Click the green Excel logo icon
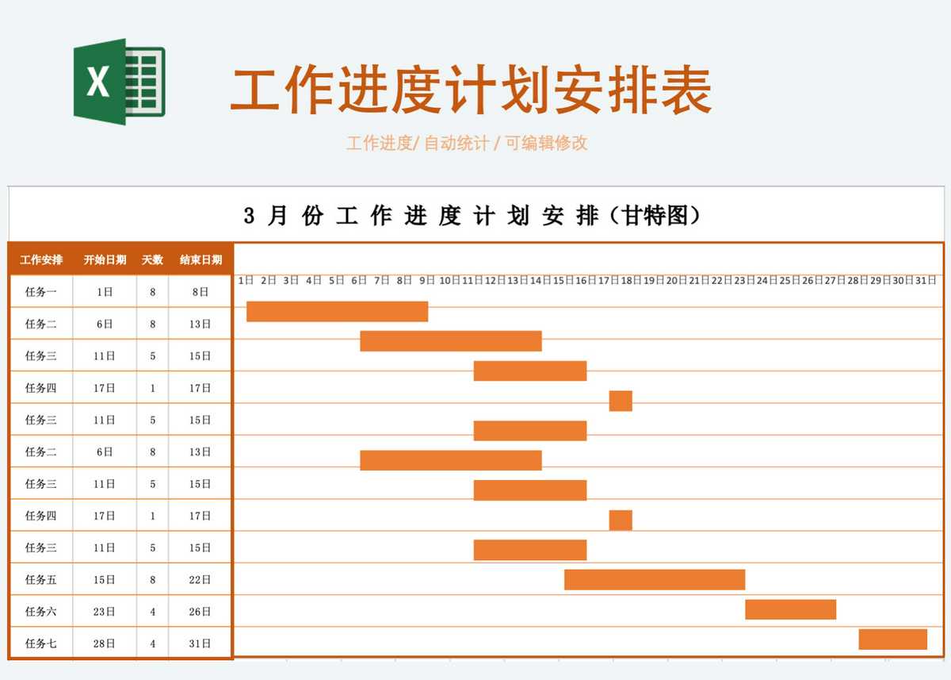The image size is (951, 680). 120,82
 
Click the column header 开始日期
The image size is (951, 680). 105,259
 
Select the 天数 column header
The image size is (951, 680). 152,259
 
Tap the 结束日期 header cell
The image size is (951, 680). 201,259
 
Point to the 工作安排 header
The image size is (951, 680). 41,259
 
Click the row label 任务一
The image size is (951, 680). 40,292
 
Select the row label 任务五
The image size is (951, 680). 40,580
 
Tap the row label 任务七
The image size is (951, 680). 40,644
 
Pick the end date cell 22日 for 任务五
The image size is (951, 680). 200,580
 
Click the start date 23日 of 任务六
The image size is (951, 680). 105,612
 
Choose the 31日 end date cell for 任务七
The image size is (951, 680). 200,644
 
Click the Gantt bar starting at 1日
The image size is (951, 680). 337,312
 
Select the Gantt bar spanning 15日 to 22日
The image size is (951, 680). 655,580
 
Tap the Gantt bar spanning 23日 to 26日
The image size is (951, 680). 791,609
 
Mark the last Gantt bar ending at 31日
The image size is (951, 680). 893,640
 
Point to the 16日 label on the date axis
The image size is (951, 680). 586,281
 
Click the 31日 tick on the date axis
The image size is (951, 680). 926,281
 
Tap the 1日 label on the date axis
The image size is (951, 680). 246,281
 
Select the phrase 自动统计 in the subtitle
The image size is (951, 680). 456,144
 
